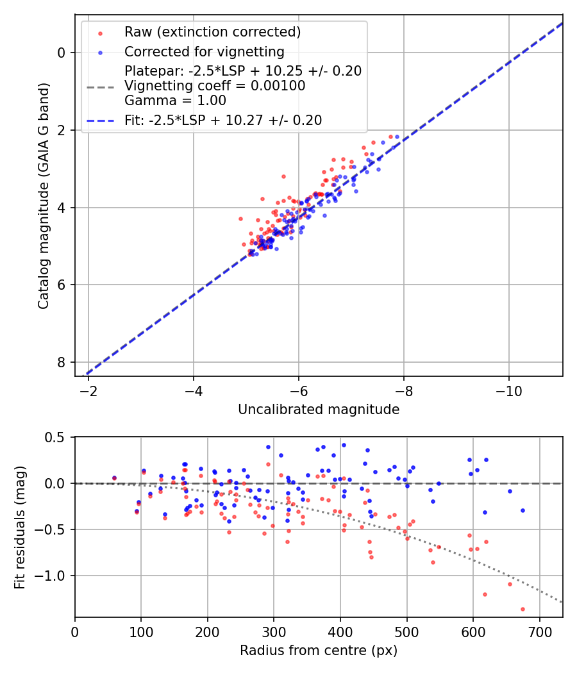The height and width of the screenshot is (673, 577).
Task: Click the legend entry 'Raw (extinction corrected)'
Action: point(212,32)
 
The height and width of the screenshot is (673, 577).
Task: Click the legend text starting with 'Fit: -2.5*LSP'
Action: point(223,120)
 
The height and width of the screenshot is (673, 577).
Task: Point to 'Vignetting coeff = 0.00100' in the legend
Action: point(215,86)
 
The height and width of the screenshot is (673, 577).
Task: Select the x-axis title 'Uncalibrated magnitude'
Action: point(319,410)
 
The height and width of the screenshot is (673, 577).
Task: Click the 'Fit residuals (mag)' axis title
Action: point(20,527)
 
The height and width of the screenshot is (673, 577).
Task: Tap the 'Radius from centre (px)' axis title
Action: point(319,651)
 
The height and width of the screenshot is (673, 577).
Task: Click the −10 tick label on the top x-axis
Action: point(508,390)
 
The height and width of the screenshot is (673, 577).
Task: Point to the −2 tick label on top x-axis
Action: point(88,390)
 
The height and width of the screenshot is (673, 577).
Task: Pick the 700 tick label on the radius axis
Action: point(539,632)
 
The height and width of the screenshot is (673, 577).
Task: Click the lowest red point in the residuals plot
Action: point(523,609)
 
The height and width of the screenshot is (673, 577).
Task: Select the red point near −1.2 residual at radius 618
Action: point(485,594)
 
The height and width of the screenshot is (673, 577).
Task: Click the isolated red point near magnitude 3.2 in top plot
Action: point(283,176)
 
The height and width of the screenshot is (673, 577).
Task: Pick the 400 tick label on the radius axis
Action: point(340,632)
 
